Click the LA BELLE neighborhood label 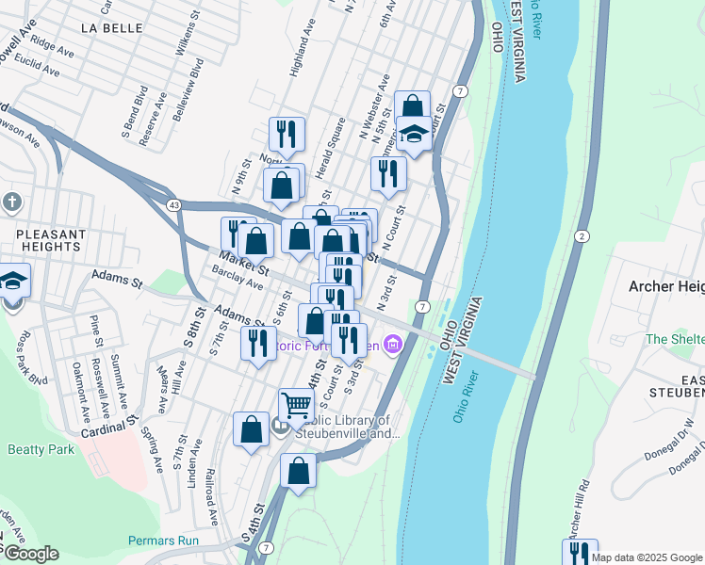pyautogui.click(x=110, y=27)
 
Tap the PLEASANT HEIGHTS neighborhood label pyautogui.click(x=53, y=240)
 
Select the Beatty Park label pyautogui.click(x=41, y=449)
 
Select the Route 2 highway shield pyautogui.click(x=582, y=235)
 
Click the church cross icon pyautogui.click(x=12, y=202)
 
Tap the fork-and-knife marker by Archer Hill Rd pyautogui.click(x=580, y=553)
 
